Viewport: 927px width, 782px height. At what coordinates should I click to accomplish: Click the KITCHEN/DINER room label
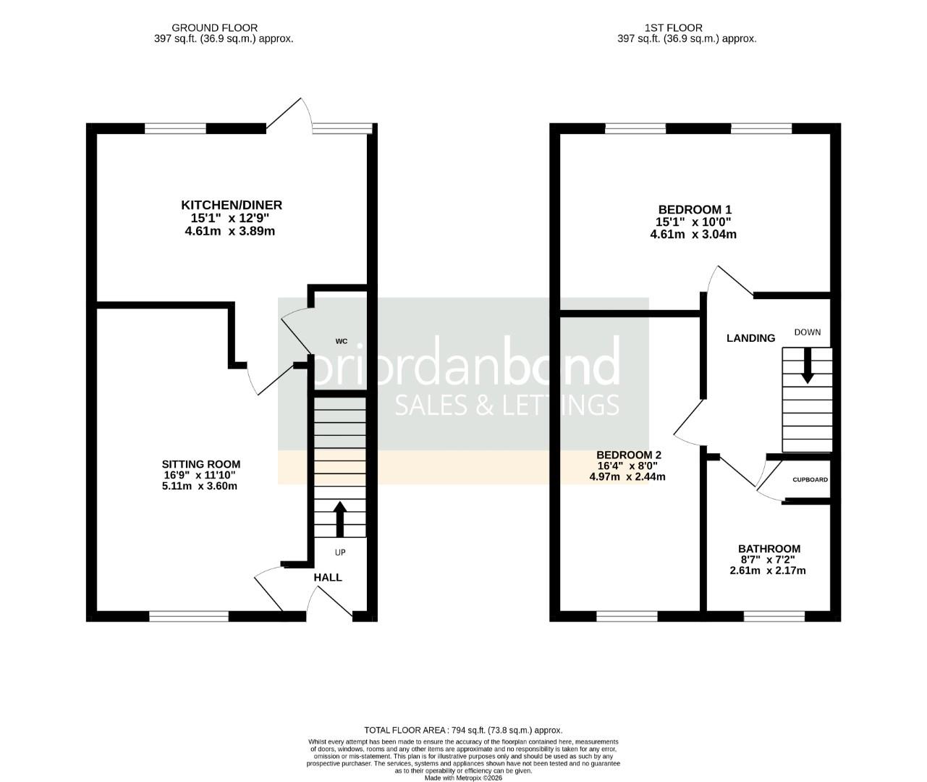[231, 205]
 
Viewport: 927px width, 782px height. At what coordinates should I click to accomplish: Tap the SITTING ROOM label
[200, 464]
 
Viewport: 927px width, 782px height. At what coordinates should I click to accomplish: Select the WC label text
[342, 340]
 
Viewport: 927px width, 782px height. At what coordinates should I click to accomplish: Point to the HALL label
[328, 577]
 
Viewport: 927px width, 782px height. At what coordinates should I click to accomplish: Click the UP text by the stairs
[340, 552]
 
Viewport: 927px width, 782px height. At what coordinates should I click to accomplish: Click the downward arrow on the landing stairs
[807, 366]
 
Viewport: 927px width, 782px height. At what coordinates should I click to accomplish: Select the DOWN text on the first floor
[808, 332]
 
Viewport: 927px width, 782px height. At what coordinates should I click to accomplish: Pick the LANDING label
[750, 338]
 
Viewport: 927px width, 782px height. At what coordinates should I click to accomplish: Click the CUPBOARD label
[810, 480]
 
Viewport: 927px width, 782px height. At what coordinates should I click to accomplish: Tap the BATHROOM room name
[769, 549]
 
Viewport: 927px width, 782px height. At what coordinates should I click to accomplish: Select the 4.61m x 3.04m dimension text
[694, 234]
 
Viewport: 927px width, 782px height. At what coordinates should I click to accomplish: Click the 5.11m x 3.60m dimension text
[200, 486]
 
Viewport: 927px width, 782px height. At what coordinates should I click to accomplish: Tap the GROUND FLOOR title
[223, 28]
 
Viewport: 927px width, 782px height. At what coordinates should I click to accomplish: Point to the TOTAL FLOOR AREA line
[463, 730]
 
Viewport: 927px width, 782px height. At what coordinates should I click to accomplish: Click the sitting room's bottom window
[189, 616]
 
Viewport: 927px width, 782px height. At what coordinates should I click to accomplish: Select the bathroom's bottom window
[774, 616]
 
